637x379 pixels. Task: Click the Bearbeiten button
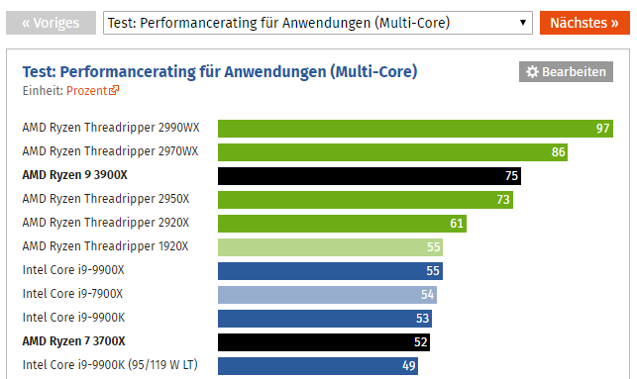566,72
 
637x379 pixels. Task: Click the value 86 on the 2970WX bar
558,152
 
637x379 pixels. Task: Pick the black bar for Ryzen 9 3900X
369,176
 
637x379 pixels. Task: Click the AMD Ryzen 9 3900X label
75,176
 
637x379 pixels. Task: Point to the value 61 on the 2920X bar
456,224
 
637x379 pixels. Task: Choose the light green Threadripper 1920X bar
330,247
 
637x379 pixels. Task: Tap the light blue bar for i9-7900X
327,295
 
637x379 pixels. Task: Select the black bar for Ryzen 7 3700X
323,342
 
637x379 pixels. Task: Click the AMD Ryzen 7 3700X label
75,342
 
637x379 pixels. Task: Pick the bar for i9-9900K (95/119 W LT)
317,366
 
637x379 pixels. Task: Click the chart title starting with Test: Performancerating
220,71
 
